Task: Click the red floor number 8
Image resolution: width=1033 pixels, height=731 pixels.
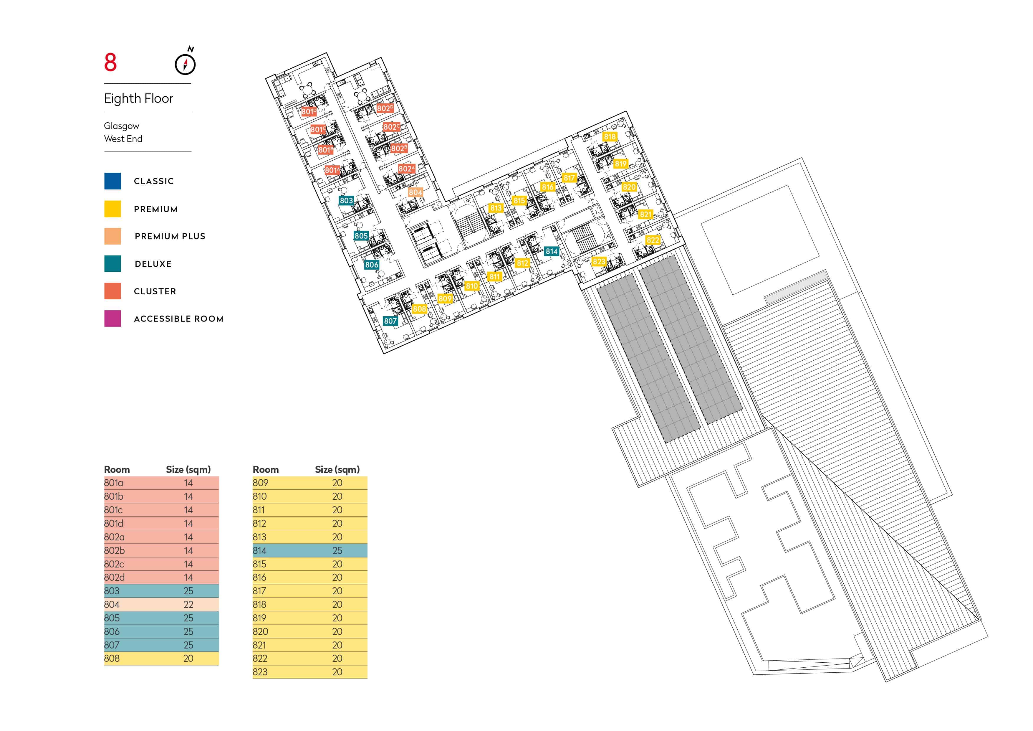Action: tap(110, 62)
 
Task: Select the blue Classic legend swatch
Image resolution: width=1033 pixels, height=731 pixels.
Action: tap(112, 181)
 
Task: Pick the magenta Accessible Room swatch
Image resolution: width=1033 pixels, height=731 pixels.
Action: tap(112, 318)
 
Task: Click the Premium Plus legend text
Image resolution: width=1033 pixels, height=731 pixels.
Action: tap(170, 236)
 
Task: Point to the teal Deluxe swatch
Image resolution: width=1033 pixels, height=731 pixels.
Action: tap(112, 264)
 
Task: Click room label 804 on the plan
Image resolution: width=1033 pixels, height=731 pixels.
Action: tap(415, 192)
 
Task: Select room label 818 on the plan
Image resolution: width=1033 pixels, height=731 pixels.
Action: tap(610, 137)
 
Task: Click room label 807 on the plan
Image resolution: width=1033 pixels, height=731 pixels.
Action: tap(390, 321)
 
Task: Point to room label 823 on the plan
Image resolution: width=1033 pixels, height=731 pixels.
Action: tap(599, 262)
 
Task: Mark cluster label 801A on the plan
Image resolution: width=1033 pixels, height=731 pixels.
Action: tap(332, 170)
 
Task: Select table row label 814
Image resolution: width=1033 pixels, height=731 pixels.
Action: tap(260, 550)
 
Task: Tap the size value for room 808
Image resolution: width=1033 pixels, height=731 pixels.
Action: tap(188, 659)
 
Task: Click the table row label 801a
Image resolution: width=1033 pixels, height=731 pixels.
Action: tap(113, 483)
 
